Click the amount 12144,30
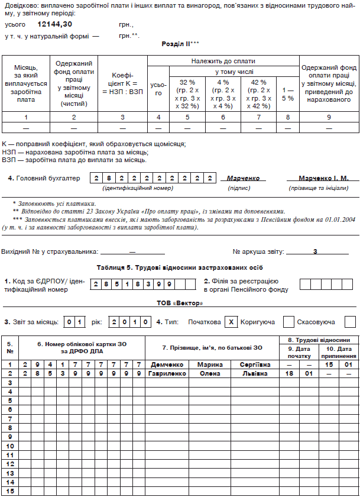pos(54,24)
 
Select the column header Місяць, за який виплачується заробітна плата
pos(25,83)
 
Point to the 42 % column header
pos(259,93)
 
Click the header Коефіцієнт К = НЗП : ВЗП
pos(122,84)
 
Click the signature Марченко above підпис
pos(243,177)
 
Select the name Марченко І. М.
pos(323,177)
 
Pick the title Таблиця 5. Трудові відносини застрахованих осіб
pos(180,267)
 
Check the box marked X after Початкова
pos(232,322)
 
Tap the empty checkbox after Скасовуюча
pos(350,322)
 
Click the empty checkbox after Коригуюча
pos(288,322)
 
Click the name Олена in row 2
pos(209,373)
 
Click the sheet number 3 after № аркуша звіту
pos(316,251)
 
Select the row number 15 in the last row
pos(9,490)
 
